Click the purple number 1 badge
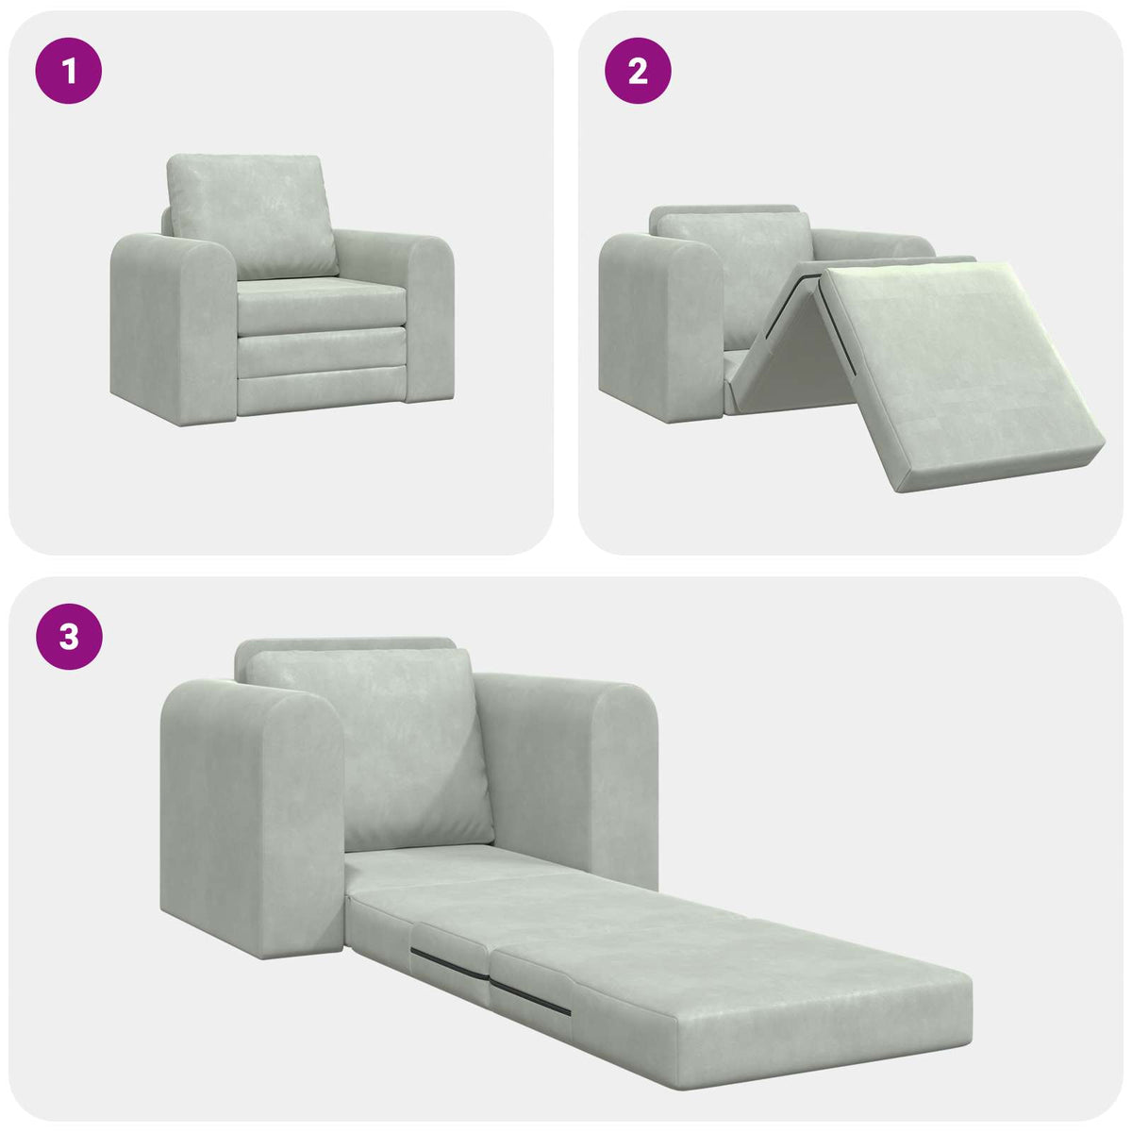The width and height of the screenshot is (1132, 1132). point(69,70)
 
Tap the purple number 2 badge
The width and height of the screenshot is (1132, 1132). point(638,70)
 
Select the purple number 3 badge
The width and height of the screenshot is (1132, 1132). point(69,637)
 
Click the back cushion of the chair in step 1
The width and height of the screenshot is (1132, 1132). point(252,214)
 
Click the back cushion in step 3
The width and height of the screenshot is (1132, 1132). point(373,745)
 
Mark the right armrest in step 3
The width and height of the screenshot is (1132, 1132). point(575,774)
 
